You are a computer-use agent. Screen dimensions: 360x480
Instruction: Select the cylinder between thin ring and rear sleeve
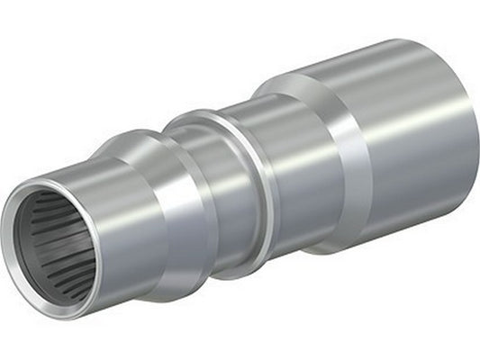288,171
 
